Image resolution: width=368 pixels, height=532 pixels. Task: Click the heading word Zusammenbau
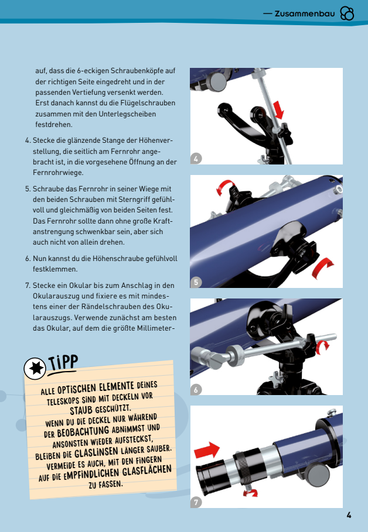(305, 14)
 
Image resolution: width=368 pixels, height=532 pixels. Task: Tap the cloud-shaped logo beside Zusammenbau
(347, 13)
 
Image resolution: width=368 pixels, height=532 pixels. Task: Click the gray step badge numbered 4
(196, 159)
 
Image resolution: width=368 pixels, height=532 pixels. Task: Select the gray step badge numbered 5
(196, 282)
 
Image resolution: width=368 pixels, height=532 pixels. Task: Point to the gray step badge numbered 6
(196, 390)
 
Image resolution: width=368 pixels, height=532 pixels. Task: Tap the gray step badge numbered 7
(196, 502)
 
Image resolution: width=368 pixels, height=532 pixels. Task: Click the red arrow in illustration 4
(278, 109)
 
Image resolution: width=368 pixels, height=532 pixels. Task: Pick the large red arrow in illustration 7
(207, 451)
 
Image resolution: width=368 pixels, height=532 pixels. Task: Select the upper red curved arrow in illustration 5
(224, 186)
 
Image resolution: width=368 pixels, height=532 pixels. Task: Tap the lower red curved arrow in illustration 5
(322, 266)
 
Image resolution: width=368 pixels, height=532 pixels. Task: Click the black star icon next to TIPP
(35, 368)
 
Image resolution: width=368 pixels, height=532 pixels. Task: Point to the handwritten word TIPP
(63, 362)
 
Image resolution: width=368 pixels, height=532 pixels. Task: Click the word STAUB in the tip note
(81, 410)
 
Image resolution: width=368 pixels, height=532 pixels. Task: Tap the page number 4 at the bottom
(349, 515)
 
